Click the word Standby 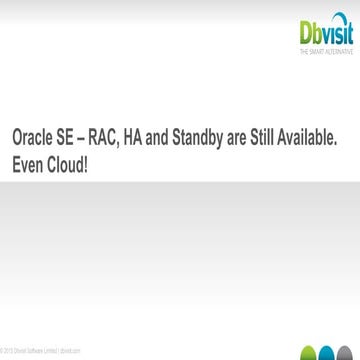[220, 135]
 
